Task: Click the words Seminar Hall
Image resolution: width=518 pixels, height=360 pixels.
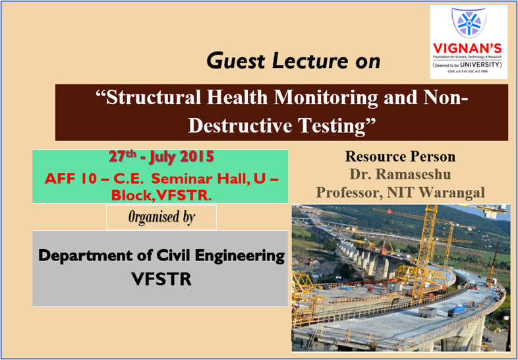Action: click(195, 179)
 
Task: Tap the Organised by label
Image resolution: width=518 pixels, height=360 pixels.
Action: click(161, 218)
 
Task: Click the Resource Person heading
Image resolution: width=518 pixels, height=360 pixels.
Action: click(399, 158)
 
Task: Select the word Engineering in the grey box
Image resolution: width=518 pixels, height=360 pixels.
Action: click(239, 256)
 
